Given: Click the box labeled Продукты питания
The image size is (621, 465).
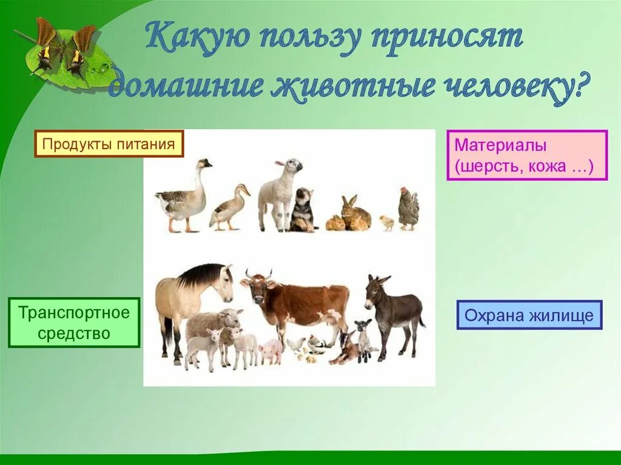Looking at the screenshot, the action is (109, 144).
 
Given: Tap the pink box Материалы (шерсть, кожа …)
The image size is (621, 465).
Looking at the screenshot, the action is (527, 155).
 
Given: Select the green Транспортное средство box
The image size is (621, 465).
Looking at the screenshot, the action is (74, 323).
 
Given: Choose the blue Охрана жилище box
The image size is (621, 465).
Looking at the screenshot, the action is (529, 315).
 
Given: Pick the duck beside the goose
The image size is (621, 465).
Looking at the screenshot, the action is (229, 207).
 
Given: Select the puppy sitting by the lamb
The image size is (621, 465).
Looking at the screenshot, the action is (303, 210).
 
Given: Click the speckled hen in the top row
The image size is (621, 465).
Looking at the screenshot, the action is (408, 209).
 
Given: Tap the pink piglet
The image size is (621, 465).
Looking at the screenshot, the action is (271, 351).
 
